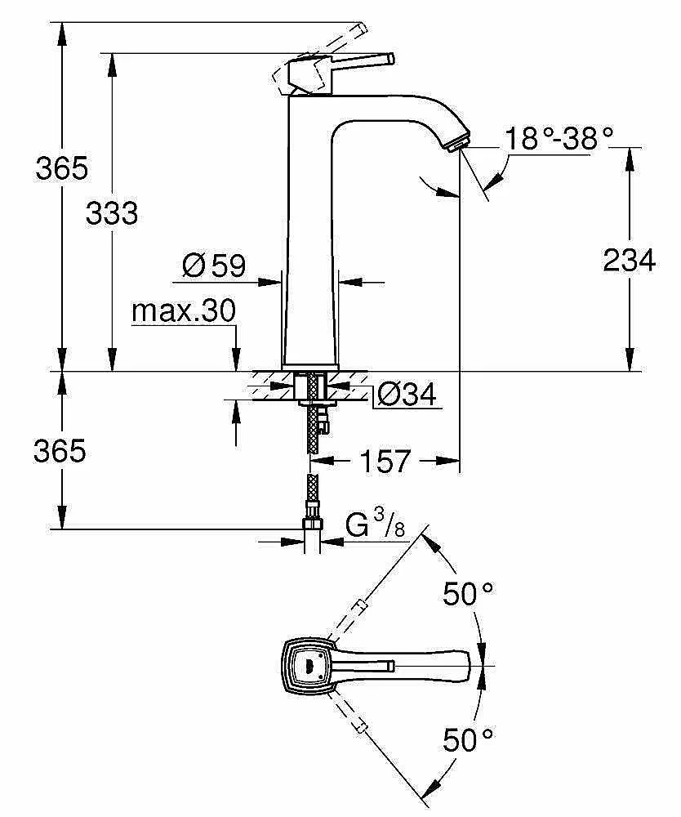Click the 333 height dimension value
pos(112,214)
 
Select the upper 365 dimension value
pos(61,168)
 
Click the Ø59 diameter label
pos(215,265)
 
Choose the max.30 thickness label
pos(184,310)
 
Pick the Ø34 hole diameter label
pos(407,395)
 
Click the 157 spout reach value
pos(385,462)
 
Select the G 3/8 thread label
pos(375,525)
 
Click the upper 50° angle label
pos(469,594)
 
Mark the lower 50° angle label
pos(469,740)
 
